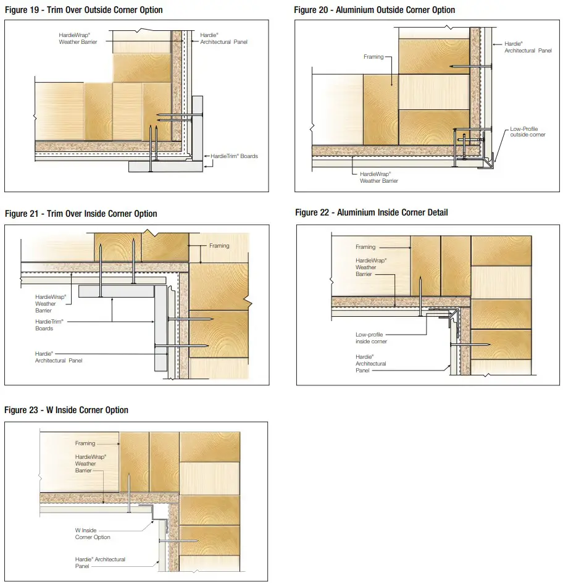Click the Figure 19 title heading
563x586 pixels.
pyautogui.click(x=84, y=10)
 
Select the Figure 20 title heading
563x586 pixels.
pyautogui.click(x=375, y=10)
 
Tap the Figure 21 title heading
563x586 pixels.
pyautogui.click(x=81, y=214)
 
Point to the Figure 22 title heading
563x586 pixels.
pyautogui.click(x=372, y=212)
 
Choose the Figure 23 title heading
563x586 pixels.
pyautogui.click(x=67, y=410)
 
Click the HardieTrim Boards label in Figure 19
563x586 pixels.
pyautogui.click(x=234, y=156)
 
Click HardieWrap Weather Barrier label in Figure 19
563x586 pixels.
pyautogui.click(x=78, y=39)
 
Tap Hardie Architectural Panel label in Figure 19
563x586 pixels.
pyautogui.click(x=224, y=39)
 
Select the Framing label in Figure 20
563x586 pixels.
pyautogui.click(x=373, y=57)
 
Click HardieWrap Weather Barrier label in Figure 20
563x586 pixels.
pyautogui.click(x=379, y=178)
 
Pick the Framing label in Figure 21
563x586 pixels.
pyautogui.click(x=219, y=246)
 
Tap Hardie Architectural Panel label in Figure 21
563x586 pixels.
pyautogui.click(x=58, y=357)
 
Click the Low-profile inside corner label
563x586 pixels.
pyautogui.click(x=371, y=338)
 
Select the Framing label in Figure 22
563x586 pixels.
pyautogui.click(x=365, y=247)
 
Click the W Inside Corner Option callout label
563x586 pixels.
pyautogui.click(x=93, y=534)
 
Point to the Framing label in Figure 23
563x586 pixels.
pyautogui.click(x=85, y=443)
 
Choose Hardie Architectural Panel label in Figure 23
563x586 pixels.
pyautogui.click(x=100, y=562)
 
